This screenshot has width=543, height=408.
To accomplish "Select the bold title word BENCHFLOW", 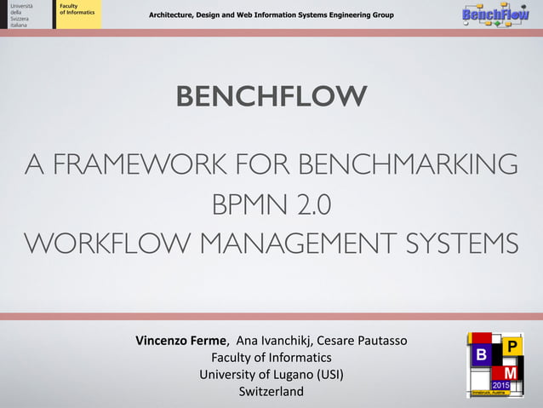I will (x=271, y=97).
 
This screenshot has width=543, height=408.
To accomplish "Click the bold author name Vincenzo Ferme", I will (x=181, y=342).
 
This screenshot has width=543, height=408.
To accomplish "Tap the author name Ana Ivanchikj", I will (x=271, y=342).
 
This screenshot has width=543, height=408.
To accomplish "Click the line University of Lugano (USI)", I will (x=271, y=374).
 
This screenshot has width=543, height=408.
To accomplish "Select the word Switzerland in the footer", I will (x=271, y=391).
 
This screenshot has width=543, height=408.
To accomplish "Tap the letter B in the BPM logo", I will (x=481, y=353).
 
